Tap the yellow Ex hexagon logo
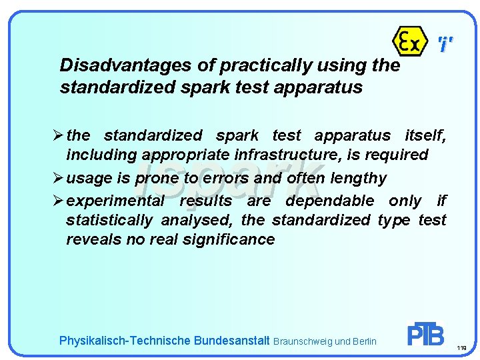409,41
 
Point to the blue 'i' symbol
445,45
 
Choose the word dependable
330,201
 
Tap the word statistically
109,220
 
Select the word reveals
91,239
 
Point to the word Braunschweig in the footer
303,341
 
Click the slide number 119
462,348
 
